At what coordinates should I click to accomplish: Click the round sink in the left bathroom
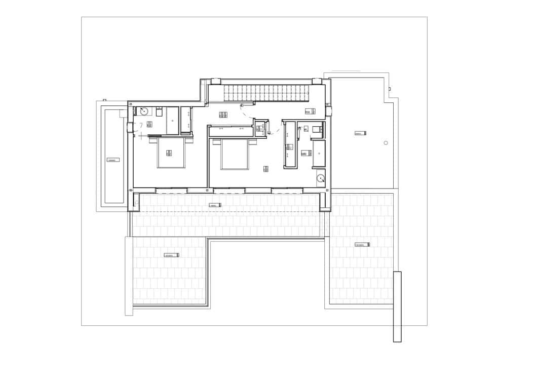click(143, 111)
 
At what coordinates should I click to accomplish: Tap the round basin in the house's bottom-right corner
click(321, 178)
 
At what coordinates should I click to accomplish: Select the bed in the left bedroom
click(171, 153)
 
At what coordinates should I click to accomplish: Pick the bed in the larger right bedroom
click(235, 154)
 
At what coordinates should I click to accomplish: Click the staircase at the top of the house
click(265, 93)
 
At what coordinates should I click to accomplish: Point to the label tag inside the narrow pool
click(113, 160)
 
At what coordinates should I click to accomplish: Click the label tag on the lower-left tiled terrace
click(172, 255)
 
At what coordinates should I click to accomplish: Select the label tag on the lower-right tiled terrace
click(362, 245)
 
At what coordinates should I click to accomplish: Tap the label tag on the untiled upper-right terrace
click(360, 133)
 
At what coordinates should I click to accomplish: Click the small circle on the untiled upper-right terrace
click(386, 143)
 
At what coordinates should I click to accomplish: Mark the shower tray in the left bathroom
click(173, 121)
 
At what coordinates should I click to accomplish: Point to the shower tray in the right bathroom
click(319, 154)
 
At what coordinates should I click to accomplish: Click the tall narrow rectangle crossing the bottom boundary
click(397, 307)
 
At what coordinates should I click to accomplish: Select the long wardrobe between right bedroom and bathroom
click(290, 144)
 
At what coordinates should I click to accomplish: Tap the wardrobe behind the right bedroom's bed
click(228, 131)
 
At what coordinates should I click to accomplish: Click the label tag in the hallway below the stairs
click(223, 115)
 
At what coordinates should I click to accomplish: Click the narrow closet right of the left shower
click(186, 121)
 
